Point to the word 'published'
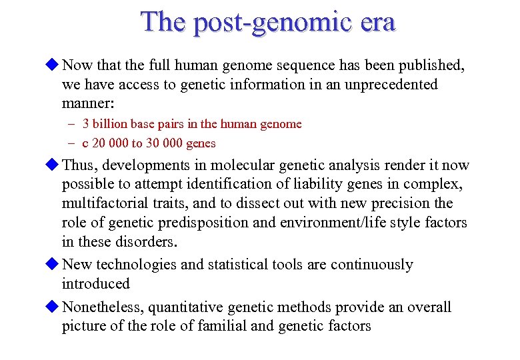(x=433, y=65)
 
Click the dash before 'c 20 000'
(x=70, y=143)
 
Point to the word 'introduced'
(x=95, y=284)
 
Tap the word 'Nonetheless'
(x=102, y=307)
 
